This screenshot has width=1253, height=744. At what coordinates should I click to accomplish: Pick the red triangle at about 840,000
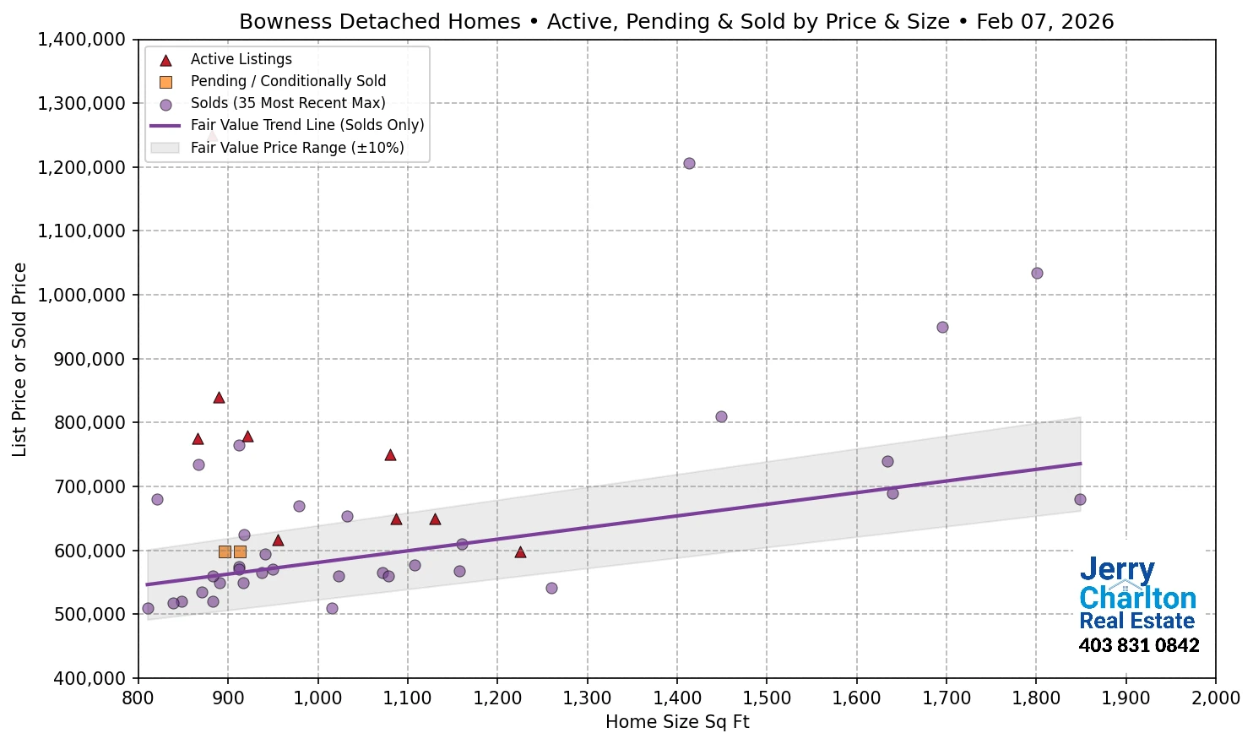[219, 398]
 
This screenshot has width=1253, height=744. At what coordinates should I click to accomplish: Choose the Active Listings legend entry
[241, 59]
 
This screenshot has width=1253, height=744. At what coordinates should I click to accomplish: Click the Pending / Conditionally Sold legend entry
[287, 81]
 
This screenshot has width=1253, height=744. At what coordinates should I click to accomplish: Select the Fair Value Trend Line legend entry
[306, 125]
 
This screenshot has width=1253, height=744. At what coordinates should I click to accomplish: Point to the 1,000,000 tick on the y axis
[82, 295]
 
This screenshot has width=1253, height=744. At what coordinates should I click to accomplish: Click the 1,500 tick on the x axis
[767, 698]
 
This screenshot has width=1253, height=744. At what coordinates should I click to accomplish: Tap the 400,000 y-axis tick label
[82, 678]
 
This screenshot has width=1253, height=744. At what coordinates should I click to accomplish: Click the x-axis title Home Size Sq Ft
[677, 722]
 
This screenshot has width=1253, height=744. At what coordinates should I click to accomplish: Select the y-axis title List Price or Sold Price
[19, 360]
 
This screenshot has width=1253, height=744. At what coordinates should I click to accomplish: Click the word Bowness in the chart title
[286, 22]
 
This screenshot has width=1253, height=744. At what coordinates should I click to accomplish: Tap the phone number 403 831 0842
[1138, 646]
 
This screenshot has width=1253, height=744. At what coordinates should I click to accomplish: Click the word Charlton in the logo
[1137, 598]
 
